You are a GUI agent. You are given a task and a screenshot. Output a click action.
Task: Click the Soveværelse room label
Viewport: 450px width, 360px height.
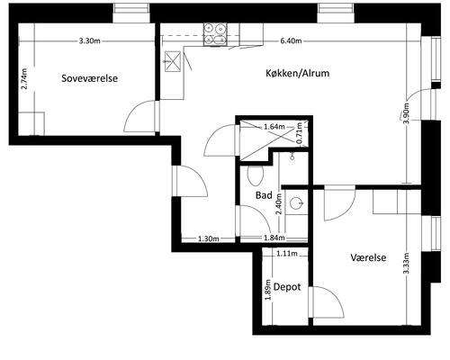(89, 78)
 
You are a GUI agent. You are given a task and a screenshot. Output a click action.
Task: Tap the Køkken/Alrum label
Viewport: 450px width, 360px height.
(297, 73)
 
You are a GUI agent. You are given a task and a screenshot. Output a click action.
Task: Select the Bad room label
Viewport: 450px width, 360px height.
(264, 195)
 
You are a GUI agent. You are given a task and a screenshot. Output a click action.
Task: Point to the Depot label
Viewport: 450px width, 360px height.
(287, 287)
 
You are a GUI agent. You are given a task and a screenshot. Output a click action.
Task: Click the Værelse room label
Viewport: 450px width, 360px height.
(368, 257)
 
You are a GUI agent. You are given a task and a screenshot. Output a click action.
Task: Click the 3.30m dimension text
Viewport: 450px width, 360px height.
(89, 40)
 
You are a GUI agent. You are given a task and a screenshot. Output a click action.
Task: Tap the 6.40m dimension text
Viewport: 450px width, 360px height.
(291, 40)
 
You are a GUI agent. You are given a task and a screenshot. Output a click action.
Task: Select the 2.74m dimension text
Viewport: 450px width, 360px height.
(24, 78)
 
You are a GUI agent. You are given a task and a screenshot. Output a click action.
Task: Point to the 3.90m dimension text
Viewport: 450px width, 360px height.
(406, 113)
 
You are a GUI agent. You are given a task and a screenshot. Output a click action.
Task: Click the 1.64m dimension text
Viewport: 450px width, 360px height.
(274, 127)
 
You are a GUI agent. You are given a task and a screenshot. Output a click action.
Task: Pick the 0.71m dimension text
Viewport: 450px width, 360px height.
(299, 133)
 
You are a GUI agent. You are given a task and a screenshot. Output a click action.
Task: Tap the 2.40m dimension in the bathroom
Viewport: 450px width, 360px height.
(279, 204)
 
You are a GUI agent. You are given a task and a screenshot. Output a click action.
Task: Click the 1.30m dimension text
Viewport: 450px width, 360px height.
(208, 238)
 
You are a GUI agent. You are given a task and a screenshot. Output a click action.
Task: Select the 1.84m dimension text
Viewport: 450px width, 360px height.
(274, 238)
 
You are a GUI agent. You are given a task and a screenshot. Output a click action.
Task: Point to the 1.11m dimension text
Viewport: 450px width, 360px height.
(287, 254)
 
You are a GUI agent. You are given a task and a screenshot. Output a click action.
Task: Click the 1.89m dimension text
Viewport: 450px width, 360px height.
(268, 290)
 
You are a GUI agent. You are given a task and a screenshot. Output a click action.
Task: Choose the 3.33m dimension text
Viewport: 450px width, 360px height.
(406, 263)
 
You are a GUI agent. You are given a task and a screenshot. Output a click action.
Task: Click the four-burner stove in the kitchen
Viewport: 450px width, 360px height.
(215, 34)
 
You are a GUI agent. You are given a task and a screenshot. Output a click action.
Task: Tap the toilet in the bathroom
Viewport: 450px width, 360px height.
(256, 175)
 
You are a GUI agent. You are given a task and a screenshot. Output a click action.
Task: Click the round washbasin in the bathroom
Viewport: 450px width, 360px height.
(297, 202)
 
